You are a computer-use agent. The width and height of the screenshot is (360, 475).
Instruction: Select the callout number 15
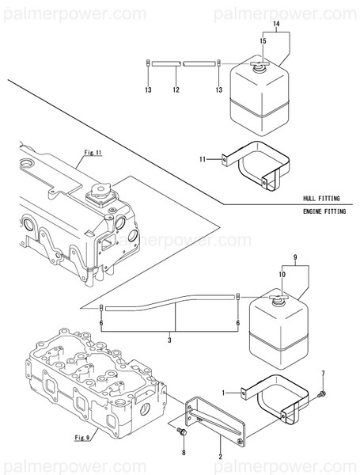tap(262, 40)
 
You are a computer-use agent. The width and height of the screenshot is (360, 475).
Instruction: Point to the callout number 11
tap(203, 159)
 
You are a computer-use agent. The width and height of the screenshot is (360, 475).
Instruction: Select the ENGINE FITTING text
tap(324, 212)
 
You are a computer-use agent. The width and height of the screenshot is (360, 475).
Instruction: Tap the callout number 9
tap(294, 258)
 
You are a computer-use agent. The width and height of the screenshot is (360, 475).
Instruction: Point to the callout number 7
tap(322, 373)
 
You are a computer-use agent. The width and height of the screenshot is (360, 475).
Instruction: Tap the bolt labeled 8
tap(183, 432)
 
